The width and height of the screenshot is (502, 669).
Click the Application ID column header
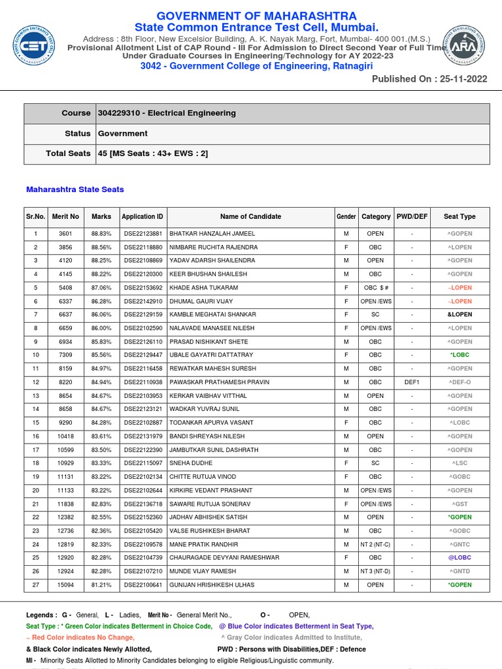point(142,216)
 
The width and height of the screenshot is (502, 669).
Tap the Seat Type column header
point(460,216)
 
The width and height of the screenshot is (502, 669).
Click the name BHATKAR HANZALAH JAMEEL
point(212,233)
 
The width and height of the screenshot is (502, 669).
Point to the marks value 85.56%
point(101,355)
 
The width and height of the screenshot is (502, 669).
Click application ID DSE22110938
point(142,382)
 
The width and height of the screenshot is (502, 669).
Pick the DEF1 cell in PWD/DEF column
point(412,382)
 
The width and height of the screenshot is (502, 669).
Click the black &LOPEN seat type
point(460,314)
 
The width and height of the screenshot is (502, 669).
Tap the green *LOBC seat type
point(460,355)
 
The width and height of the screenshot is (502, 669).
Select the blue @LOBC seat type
point(460,558)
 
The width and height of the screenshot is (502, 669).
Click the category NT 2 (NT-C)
point(376,544)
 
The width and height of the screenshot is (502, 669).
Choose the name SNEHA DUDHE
point(187,463)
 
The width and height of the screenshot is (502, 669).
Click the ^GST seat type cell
point(460,504)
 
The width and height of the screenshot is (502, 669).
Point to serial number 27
point(36,585)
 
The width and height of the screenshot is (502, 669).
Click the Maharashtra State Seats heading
point(75,189)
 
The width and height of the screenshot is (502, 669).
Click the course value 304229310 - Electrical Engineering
point(167,113)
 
